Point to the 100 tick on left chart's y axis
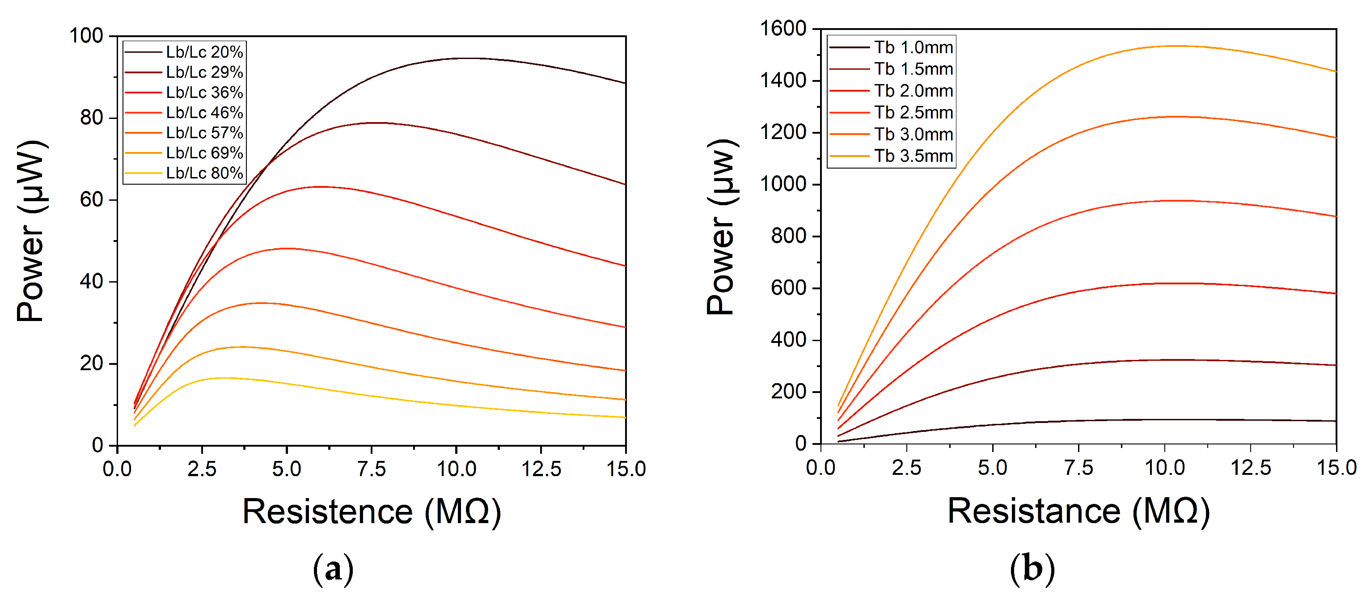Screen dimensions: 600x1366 [x=86, y=36]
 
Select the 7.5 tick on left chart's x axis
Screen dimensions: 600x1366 [x=371, y=469]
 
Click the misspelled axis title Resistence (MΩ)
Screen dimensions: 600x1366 [x=371, y=512]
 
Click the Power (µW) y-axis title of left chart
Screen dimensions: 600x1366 [x=30, y=231]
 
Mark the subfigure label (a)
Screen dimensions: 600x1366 [x=333, y=569]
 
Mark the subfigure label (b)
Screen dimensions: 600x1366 [x=1032, y=568]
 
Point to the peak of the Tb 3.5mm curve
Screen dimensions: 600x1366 [x=1178, y=46]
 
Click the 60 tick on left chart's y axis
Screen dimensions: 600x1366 [x=91, y=200]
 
